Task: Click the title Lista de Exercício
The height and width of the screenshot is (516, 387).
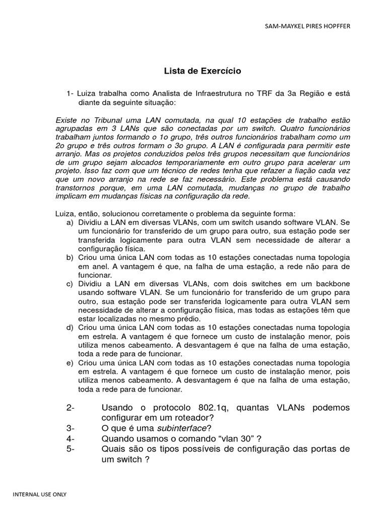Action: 203,71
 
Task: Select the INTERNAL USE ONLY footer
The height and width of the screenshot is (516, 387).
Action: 39,494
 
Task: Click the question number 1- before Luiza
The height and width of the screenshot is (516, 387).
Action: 70,94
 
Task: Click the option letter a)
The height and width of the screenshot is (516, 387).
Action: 70,222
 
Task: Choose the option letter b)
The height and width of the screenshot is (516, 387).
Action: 70,257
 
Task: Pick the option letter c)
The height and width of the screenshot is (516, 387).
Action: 70,284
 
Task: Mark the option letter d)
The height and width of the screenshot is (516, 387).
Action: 70,328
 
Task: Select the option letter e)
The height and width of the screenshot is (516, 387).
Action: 70,363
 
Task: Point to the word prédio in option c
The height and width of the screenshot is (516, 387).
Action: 188,319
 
